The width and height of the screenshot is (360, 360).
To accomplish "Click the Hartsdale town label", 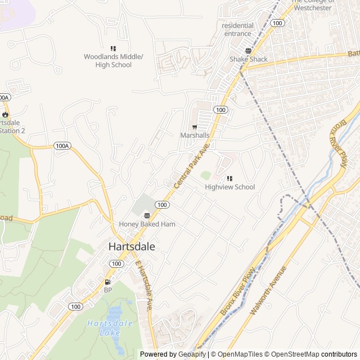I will (131, 246).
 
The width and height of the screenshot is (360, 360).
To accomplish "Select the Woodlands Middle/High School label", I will (114, 61).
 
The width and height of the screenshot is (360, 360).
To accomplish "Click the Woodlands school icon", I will (113, 49).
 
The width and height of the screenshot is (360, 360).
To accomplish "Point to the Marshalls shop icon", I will (195, 127).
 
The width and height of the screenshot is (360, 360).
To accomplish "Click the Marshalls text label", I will (195, 136).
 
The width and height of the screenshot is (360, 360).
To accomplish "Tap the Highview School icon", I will (229, 178).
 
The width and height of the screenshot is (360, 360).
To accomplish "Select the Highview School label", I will (229, 187).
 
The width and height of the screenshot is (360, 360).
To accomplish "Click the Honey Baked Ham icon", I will (147, 215).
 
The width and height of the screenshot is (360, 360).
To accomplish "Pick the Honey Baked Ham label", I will (147, 224).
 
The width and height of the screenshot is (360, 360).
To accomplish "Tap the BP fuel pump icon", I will (107, 282).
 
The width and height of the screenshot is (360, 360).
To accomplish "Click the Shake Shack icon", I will (248, 50).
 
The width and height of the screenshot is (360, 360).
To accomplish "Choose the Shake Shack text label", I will (248, 59).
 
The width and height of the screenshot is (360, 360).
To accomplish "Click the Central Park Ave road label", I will (191, 166).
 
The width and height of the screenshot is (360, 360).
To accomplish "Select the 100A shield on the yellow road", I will (62, 146).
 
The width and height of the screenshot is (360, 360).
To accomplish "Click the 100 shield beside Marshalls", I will (221, 110).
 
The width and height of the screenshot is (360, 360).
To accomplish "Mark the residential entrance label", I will (237, 30).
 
